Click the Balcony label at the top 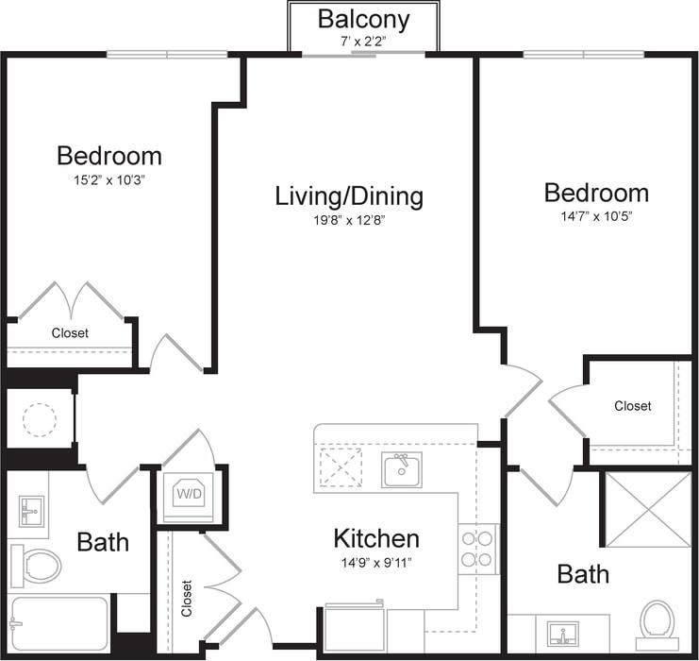(x=363, y=18)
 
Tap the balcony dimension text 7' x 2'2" (x=363, y=42)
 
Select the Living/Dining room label (x=349, y=196)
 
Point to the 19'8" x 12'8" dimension (x=349, y=220)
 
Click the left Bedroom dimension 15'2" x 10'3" (x=108, y=178)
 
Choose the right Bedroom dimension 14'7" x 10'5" (x=596, y=216)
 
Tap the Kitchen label (x=376, y=539)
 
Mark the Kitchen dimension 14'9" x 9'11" (x=376, y=562)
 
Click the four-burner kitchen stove (x=478, y=549)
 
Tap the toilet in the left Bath (x=35, y=566)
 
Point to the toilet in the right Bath (x=657, y=621)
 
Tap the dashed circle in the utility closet (x=40, y=418)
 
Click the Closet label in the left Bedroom (x=70, y=333)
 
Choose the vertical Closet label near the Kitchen (x=186, y=599)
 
